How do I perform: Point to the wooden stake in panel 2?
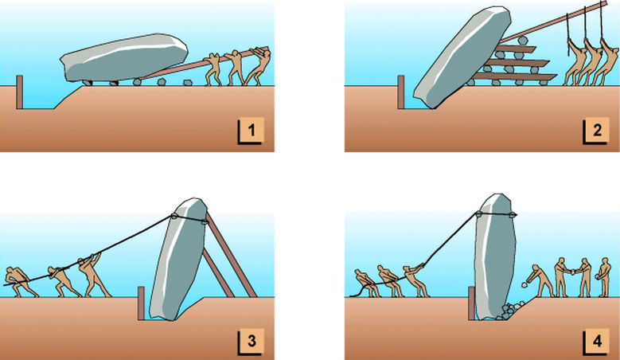401,92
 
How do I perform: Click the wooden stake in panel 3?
142,303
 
